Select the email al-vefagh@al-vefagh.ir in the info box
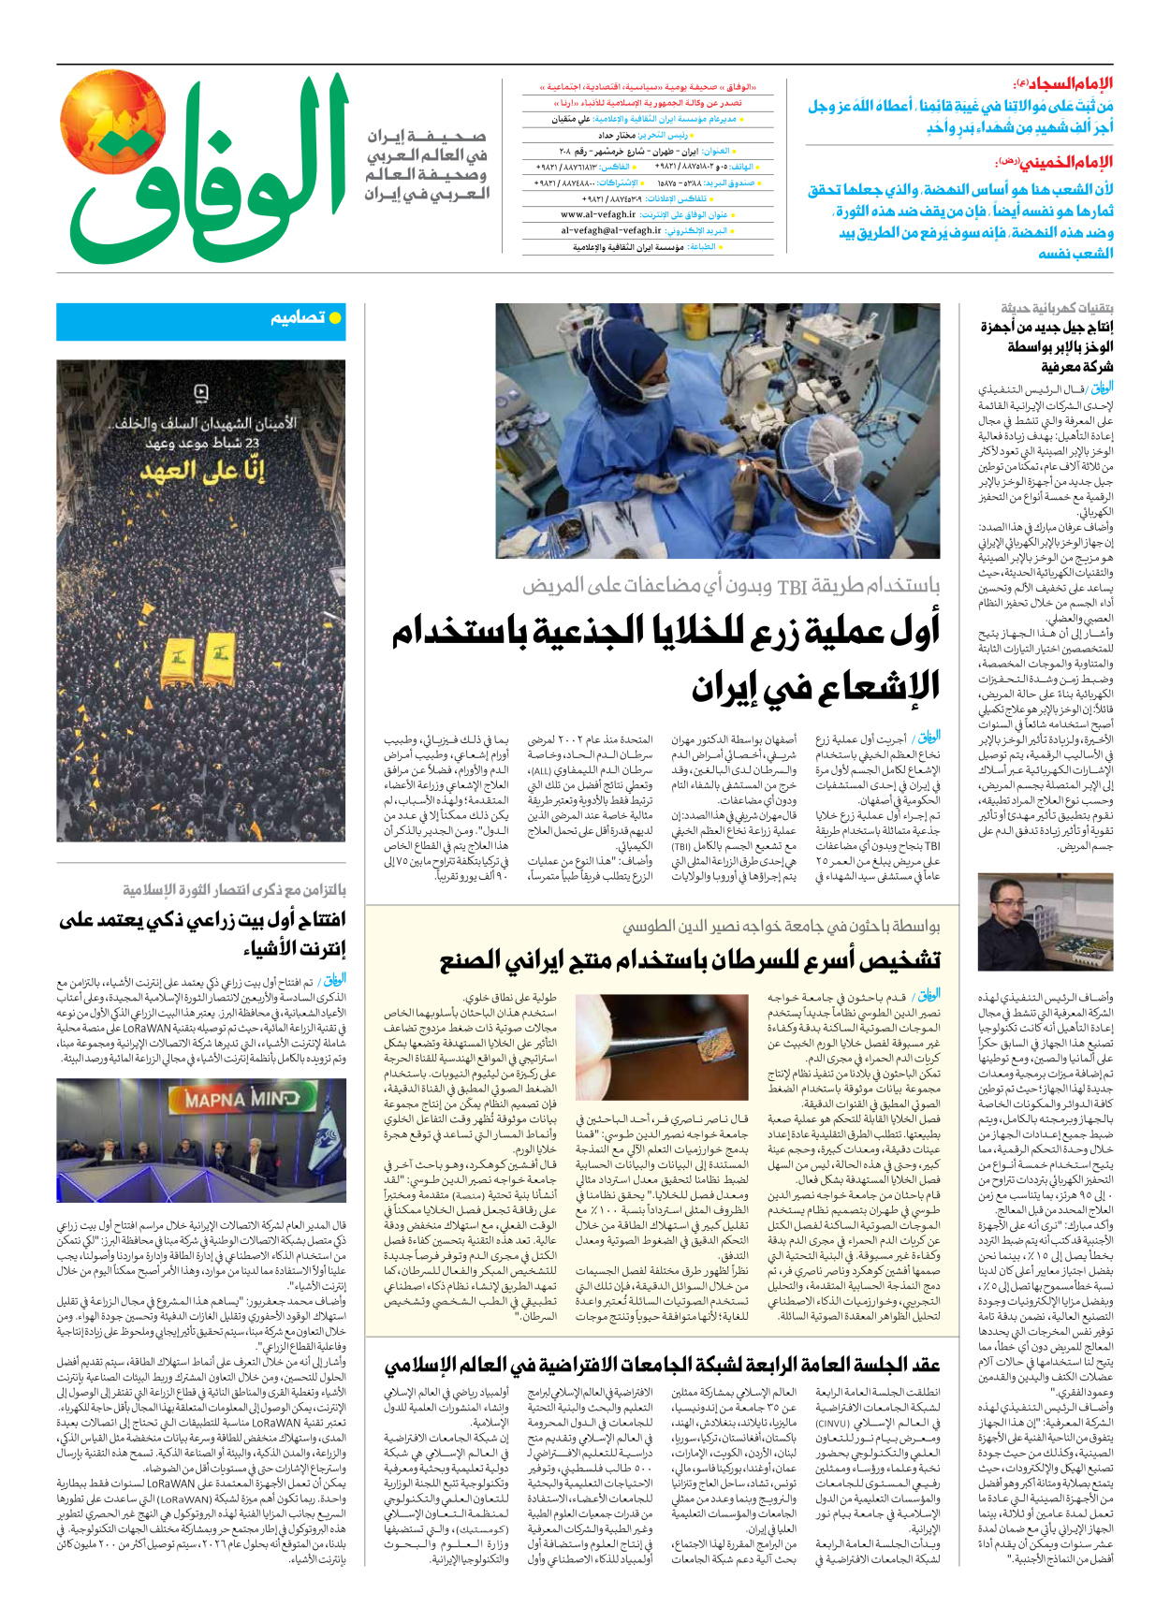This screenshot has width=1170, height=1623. (x=610, y=230)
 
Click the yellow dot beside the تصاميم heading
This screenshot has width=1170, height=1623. (x=335, y=318)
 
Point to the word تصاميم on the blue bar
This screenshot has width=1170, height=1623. (x=298, y=318)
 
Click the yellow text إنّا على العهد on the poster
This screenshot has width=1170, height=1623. (x=203, y=470)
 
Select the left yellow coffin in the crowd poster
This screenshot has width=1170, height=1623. (x=178, y=661)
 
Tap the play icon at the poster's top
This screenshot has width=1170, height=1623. (x=200, y=392)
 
